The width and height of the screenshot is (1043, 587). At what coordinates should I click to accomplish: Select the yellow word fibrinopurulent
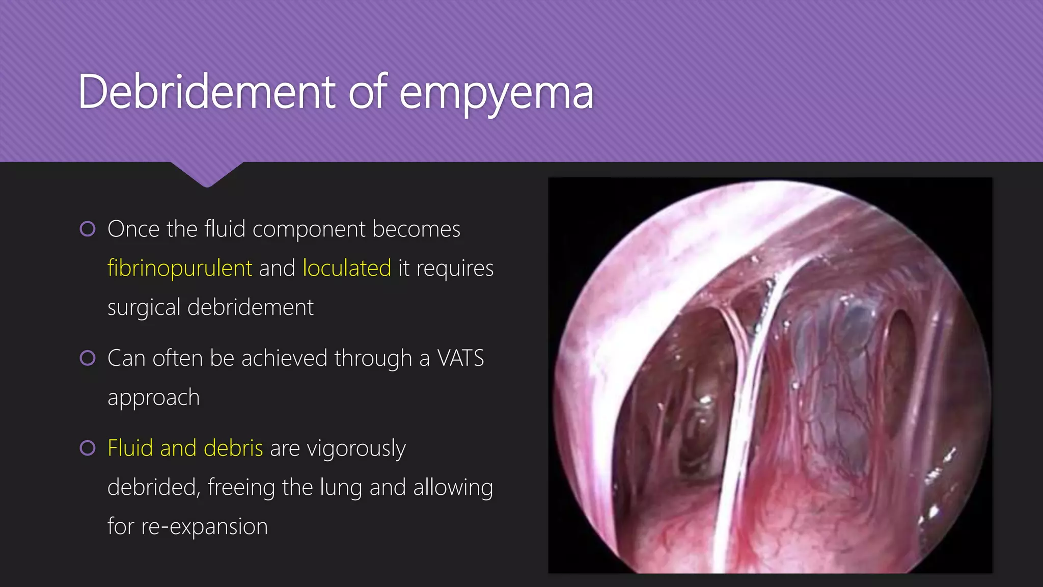(x=180, y=268)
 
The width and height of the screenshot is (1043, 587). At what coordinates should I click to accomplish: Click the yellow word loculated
(x=347, y=268)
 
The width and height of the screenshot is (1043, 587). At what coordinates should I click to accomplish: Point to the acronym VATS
(x=460, y=358)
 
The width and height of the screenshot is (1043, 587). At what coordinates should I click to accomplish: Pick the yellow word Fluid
(x=130, y=448)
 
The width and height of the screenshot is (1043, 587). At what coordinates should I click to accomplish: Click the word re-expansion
(x=204, y=527)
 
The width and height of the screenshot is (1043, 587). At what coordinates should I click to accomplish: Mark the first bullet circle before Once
(x=88, y=229)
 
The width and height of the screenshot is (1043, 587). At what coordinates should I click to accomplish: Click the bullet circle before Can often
(x=88, y=358)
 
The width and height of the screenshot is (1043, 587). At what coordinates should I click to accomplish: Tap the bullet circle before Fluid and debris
(x=88, y=448)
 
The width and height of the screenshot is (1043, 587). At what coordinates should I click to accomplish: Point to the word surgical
(x=144, y=308)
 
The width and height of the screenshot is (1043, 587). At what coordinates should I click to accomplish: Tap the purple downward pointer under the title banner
(x=207, y=174)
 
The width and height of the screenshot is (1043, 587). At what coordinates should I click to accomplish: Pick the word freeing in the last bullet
(x=241, y=488)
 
